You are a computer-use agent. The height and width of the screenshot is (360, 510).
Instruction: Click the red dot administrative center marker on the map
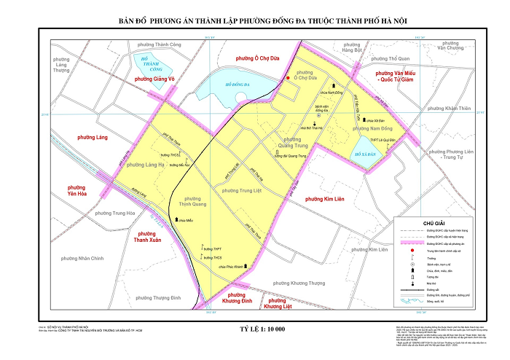pos(288,78)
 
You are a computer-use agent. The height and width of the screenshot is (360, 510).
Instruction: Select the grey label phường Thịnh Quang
pos(193,201)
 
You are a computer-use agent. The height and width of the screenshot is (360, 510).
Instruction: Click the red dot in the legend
pos(412,250)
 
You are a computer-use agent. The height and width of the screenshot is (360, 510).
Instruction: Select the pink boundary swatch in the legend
pos(412,243)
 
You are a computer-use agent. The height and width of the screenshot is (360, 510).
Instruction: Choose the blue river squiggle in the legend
pos(412,299)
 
